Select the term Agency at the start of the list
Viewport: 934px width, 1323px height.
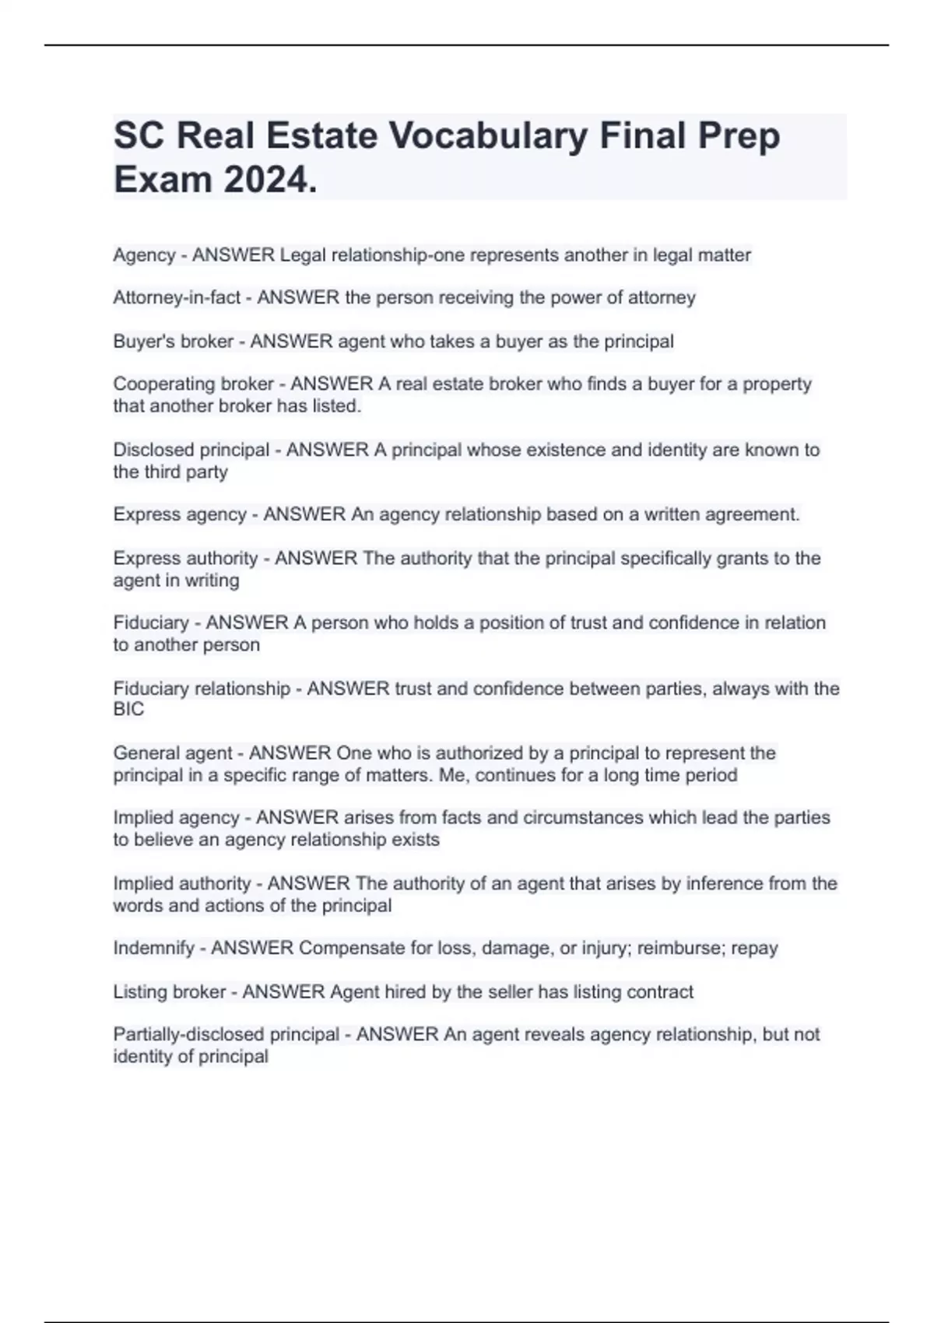coord(144,255)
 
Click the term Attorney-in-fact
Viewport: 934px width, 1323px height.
coord(177,298)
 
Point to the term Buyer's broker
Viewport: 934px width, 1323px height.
coord(173,342)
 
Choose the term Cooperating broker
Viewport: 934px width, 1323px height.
coord(193,384)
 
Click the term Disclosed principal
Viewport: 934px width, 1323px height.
coord(191,450)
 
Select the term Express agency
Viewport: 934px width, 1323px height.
coord(179,514)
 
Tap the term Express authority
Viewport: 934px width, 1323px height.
coord(185,559)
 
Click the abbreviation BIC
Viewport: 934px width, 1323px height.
coord(128,710)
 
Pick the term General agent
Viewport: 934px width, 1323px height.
coord(172,753)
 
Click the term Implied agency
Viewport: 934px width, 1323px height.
coord(176,818)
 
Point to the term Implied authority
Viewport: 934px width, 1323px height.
coord(181,884)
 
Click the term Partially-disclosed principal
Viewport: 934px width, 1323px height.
coord(226,1035)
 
